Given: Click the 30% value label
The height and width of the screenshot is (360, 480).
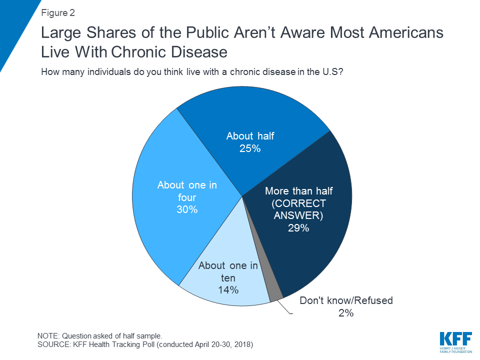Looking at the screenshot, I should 187,209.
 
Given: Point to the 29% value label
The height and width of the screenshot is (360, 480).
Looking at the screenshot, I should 298,228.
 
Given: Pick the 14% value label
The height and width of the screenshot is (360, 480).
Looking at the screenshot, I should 228,290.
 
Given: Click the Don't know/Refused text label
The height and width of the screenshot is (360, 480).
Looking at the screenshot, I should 346,300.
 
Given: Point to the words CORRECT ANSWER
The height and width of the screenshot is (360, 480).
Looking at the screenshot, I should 298,209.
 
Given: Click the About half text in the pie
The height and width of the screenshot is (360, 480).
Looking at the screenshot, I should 250,136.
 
